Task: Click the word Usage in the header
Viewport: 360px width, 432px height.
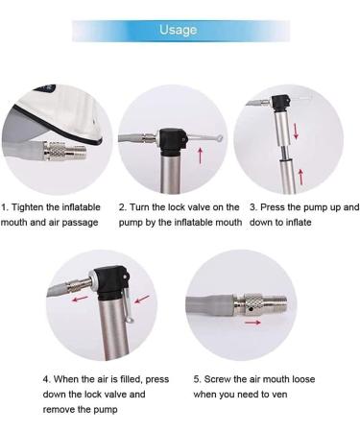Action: point(179,31)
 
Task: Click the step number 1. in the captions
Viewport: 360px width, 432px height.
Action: point(6,207)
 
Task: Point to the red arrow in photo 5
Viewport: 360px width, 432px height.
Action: point(252,324)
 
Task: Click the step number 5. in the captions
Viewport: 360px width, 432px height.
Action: point(197,379)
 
